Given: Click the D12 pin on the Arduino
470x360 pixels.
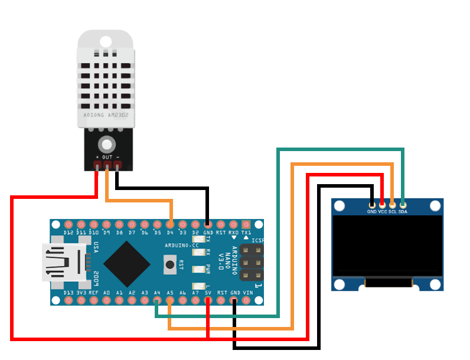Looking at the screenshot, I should (x=68, y=225).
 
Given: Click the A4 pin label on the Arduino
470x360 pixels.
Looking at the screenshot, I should (x=157, y=293).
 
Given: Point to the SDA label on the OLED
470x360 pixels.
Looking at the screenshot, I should (x=403, y=211).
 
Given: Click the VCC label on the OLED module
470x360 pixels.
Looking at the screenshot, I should (x=383, y=211).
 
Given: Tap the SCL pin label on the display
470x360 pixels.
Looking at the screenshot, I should (x=393, y=211).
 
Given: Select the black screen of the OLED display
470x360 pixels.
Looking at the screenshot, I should (x=387, y=246).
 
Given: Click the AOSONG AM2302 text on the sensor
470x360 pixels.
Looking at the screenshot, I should (x=106, y=116).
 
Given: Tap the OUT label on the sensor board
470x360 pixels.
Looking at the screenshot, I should (x=107, y=157).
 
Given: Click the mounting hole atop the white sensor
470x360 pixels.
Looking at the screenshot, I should (x=106, y=41).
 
